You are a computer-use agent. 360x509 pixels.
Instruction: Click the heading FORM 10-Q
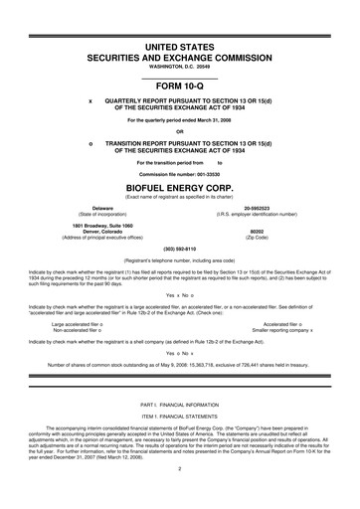pos(180,84)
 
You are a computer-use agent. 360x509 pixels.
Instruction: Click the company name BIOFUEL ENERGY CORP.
pos(180,186)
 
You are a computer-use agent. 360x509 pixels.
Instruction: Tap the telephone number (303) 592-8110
pos(180,249)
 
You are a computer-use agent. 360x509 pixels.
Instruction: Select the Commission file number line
pos(180,171)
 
